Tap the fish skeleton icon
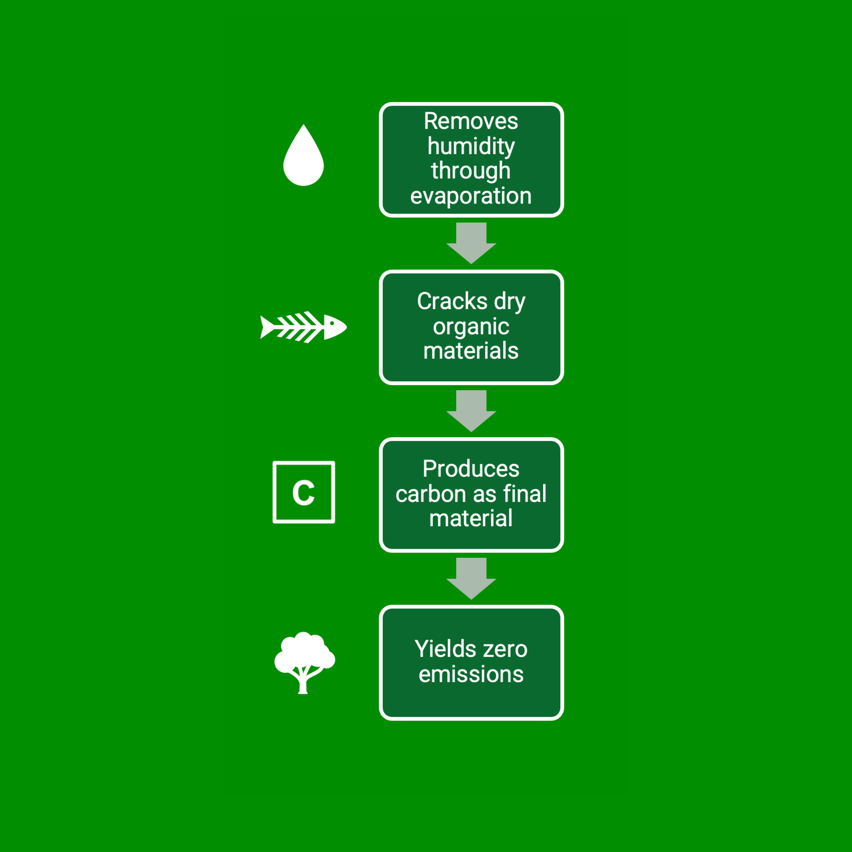(x=303, y=327)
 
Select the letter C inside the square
(x=303, y=492)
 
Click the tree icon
(x=304, y=660)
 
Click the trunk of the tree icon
(x=303, y=684)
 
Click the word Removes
(x=471, y=121)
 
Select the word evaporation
(x=471, y=196)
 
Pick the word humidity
(x=471, y=146)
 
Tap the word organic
(x=471, y=327)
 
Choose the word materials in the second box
(x=471, y=351)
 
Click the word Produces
(x=471, y=469)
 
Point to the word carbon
(x=430, y=493)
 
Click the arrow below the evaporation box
(x=471, y=243)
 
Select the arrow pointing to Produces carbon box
(x=471, y=410)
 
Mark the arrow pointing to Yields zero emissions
(x=471, y=578)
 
